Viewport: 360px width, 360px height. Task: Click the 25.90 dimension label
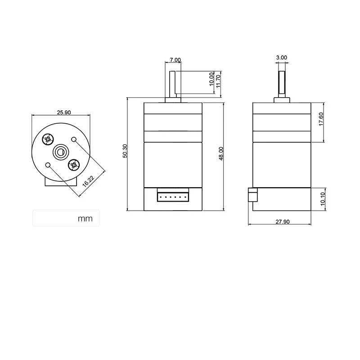[64, 112]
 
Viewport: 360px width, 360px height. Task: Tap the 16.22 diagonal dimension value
[88, 181]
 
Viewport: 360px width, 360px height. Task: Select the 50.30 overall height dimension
[125, 151]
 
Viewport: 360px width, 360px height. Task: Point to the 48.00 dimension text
[221, 153]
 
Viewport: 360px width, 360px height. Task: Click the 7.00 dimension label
[175, 60]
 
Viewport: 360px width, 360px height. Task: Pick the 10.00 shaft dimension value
[211, 79]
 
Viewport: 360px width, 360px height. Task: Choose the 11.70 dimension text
[218, 81]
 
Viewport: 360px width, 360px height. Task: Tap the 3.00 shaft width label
[282, 58]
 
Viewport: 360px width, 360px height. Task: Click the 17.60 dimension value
[321, 119]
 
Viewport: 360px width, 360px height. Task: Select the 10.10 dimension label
[323, 199]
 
